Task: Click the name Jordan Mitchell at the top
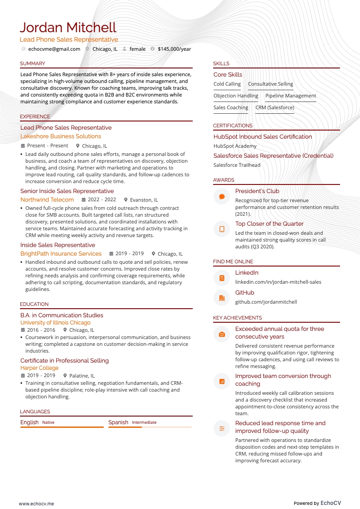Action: click(x=68, y=28)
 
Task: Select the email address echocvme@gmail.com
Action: click(x=54, y=49)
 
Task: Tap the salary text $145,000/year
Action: click(x=174, y=49)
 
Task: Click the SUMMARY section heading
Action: click(x=33, y=63)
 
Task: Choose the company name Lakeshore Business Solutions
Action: click(x=61, y=136)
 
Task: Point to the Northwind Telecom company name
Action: click(x=47, y=199)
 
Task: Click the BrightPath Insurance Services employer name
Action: click(x=61, y=253)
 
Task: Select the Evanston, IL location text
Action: click(x=144, y=200)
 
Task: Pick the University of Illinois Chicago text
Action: click(x=55, y=322)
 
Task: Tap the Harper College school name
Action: click(x=39, y=368)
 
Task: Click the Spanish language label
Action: click(x=118, y=422)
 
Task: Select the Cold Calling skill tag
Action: click(x=227, y=84)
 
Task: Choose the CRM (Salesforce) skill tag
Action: click(x=275, y=107)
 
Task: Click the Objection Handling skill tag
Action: click(x=236, y=96)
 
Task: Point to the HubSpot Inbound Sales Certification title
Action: click(x=263, y=136)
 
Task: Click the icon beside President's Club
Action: click(x=222, y=197)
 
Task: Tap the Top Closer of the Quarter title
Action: click(x=269, y=223)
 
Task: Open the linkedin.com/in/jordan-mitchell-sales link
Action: click(x=278, y=282)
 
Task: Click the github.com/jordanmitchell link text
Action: click(x=266, y=302)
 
